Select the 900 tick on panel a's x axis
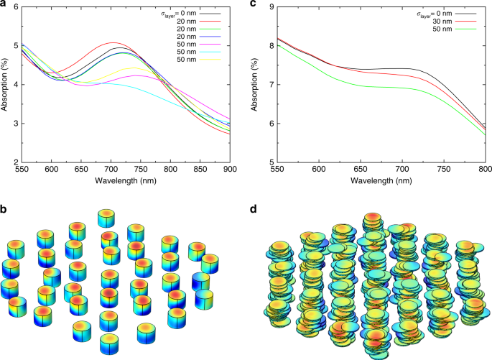pyautogui.click(x=229, y=170)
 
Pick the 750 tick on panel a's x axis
pyautogui.click(x=140, y=170)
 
